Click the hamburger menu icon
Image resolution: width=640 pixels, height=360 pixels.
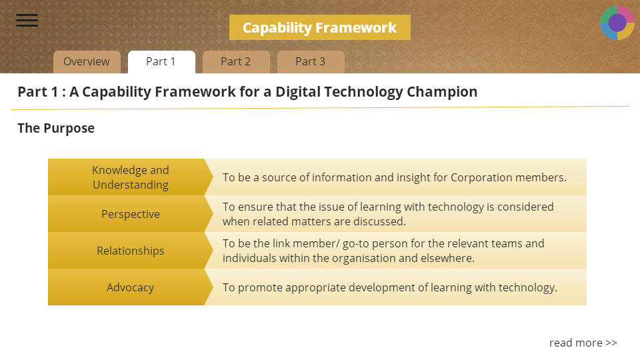click(x=27, y=20)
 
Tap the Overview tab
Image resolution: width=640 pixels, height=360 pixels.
click(x=87, y=62)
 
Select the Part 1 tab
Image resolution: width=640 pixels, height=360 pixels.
click(x=161, y=62)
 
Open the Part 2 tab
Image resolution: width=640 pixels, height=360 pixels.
click(x=236, y=62)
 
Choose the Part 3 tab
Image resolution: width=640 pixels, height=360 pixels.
click(x=311, y=62)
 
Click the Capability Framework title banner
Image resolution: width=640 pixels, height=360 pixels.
click(x=319, y=27)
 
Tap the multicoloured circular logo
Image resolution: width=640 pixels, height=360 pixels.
click(x=617, y=23)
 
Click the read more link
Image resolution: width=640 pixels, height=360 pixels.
click(x=583, y=343)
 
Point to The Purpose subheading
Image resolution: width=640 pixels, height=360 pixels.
click(x=56, y=128)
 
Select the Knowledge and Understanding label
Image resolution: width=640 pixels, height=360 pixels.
click(x=130, y=177)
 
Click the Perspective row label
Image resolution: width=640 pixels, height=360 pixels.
click(x=130, y=214)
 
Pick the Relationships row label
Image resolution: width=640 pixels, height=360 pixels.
click(x=130, y=251)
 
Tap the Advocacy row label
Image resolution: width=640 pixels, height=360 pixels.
click(x=130, y=287)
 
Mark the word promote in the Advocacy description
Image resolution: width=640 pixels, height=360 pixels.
click(x=260, y=288)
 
